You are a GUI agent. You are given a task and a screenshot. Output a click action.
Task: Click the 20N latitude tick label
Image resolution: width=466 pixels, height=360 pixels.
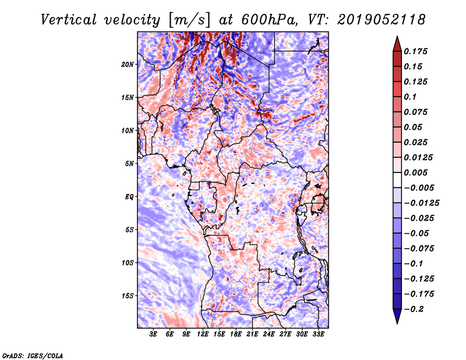pos(127,65)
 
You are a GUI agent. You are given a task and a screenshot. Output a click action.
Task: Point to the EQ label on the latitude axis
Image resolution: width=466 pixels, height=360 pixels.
pos(129,197)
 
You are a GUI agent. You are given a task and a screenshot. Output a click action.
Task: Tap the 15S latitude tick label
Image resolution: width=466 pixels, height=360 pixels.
pos(127,296)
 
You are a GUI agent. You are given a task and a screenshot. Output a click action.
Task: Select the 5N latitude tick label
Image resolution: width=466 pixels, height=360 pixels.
pos(129,164)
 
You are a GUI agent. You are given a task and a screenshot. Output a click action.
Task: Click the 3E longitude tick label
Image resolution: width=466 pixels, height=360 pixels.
pos(153,334)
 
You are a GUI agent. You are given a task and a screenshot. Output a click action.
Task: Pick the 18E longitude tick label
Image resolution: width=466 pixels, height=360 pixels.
pos(236,334)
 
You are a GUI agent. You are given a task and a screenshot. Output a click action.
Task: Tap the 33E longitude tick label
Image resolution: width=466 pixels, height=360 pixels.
pos(318,334)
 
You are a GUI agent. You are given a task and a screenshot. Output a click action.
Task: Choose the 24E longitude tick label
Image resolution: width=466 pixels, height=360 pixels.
pos(269,334)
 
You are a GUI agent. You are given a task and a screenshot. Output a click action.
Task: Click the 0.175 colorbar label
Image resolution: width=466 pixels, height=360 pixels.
pos(415,51)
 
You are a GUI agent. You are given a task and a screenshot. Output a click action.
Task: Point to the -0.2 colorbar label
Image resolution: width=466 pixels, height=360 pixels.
pos(414,309)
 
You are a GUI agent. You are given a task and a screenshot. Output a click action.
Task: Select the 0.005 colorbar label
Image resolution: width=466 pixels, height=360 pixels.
pos(415,172)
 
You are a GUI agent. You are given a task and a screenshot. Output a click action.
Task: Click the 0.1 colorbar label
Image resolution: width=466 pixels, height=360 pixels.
pos(410,97)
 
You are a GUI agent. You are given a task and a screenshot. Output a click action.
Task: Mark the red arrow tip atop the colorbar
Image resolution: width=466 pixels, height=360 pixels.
pos(397,36)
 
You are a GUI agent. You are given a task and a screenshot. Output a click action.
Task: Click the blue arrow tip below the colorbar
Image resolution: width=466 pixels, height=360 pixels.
pos(397,323)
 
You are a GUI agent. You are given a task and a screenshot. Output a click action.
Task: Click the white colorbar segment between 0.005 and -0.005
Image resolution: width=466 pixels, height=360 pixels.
pos(397,180)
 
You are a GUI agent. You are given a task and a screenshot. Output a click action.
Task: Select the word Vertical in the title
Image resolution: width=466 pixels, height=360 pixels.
pos(69,20)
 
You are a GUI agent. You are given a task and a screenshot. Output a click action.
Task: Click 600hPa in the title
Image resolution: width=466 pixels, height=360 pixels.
pos(269,20)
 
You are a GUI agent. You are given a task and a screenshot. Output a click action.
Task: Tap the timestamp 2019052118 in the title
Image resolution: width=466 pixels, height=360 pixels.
pos(381,20)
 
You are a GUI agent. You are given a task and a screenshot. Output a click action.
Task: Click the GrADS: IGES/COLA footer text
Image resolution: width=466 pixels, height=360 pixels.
pos(33,355)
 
